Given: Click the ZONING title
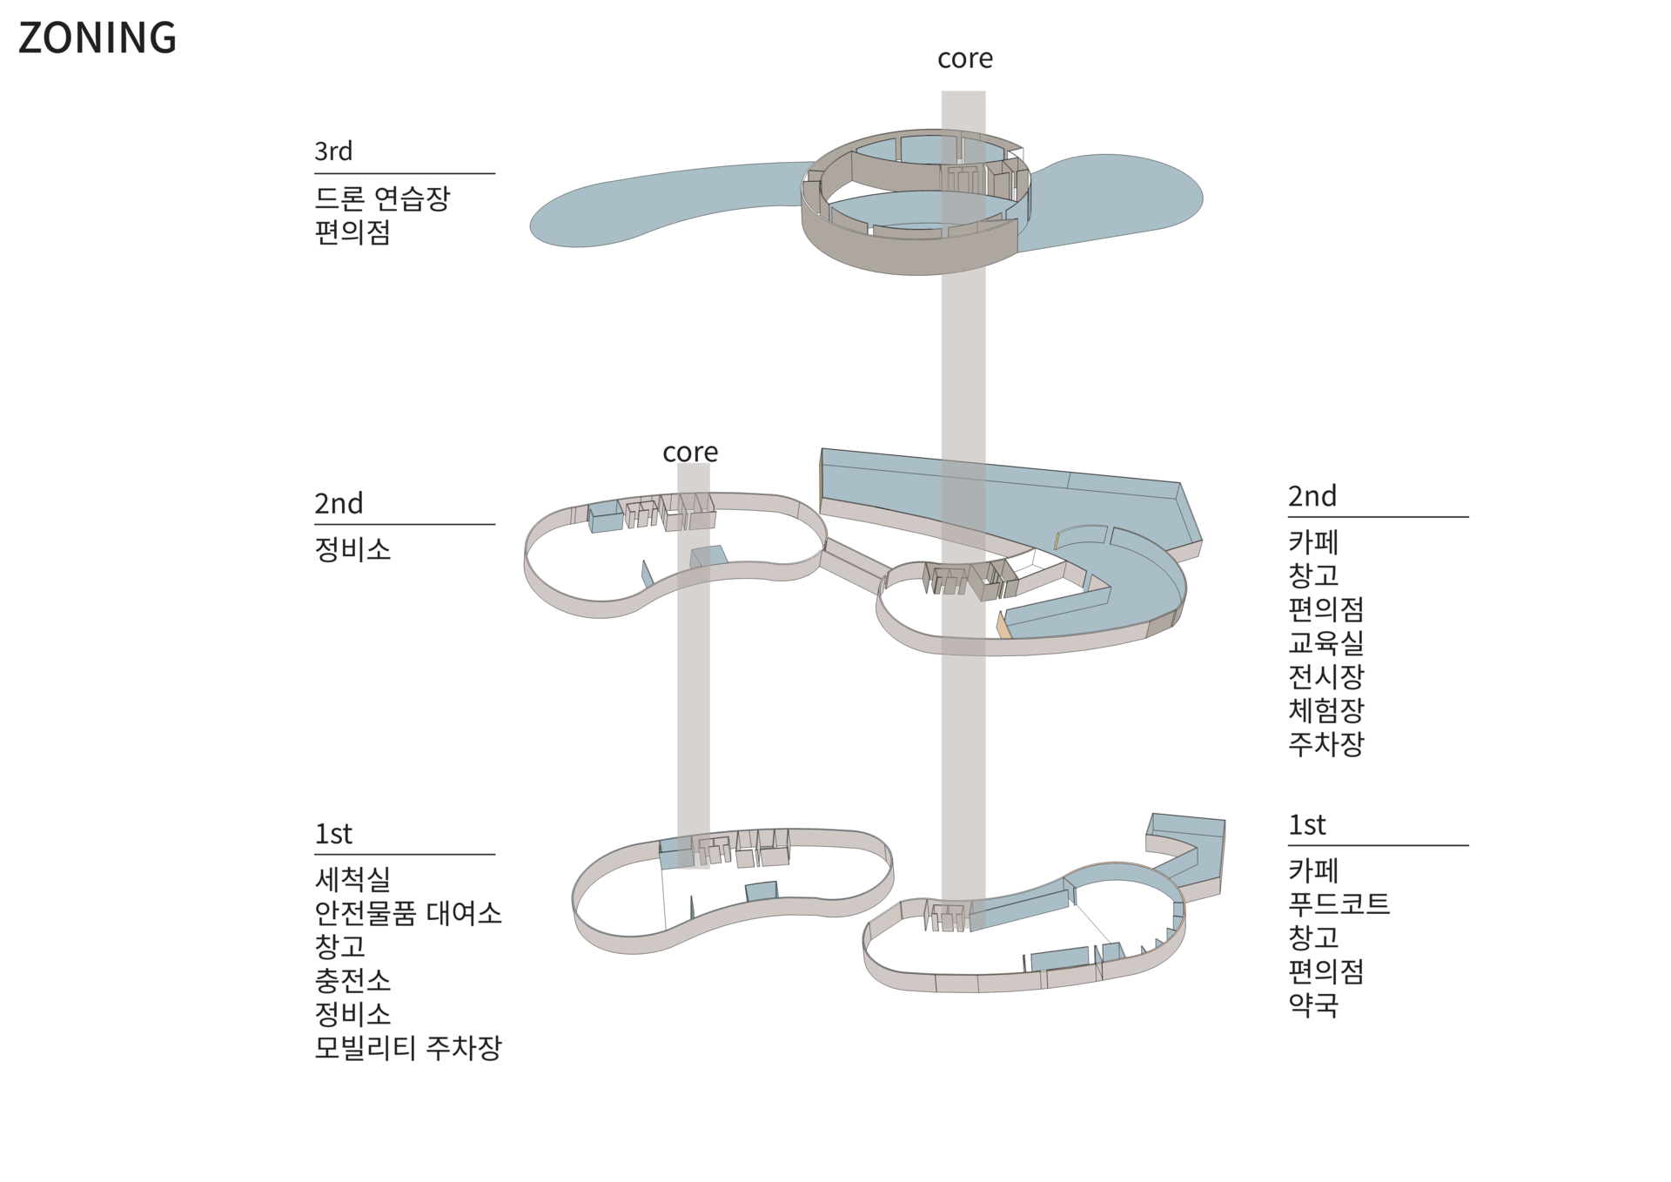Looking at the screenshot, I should click(97, 38).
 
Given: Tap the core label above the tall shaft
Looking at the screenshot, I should click(964, 58).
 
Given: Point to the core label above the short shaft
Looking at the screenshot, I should click(690, 453).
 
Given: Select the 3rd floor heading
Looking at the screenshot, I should click(333, 151).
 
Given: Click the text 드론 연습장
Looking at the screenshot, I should click(382, 198).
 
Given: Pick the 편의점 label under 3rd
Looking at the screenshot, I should click(352, 232).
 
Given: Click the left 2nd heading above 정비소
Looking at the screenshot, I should click(339, 503).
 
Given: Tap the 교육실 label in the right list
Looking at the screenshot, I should click(1325, 643).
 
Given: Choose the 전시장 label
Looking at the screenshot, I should click(1325, 677).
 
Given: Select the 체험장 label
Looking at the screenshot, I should click(1325, 710).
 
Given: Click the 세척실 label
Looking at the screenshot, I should click(352, 879).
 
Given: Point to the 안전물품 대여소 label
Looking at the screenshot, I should click(408, 913).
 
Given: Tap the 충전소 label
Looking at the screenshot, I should click(352, 981).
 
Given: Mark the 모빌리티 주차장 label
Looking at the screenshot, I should click(408, 1048).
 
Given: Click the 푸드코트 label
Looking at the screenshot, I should click(1339, 904).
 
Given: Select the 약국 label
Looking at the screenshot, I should click(1313, 1005).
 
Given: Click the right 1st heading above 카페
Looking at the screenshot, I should click(1306, 825).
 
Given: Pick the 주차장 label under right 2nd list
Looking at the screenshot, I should click(1325, 744).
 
